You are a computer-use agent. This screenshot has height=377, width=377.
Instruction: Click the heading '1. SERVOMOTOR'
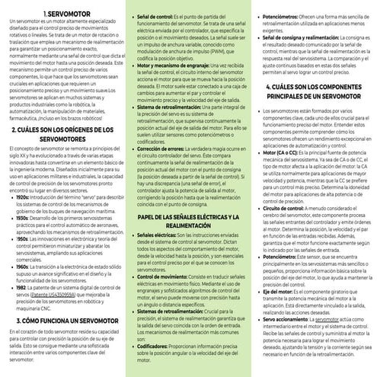coord(63,14)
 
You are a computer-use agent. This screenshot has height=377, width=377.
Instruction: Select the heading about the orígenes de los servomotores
coord(63,136)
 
